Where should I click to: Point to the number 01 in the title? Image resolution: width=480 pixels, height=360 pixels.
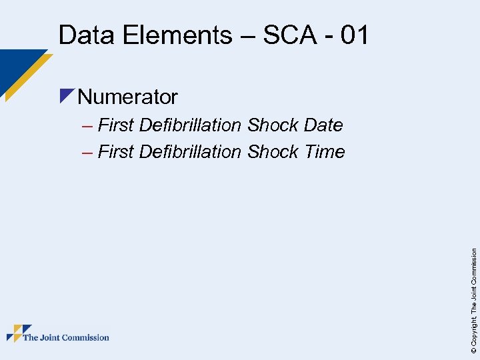tap(353, 35)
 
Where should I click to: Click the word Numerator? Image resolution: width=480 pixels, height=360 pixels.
tap(127, 97)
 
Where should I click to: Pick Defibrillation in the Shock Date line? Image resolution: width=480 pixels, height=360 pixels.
tap(190, 125)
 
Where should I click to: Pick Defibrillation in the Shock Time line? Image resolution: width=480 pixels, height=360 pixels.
tap(190, 152)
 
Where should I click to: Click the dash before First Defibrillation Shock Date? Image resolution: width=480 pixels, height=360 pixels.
tap(87, 125)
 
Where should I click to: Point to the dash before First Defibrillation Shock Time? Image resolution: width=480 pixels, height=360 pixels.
tap(87, 152)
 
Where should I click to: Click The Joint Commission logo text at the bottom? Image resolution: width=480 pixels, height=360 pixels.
tap(66, 337)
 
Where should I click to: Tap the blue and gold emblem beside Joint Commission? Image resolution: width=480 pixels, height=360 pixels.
tap(19, 333)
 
